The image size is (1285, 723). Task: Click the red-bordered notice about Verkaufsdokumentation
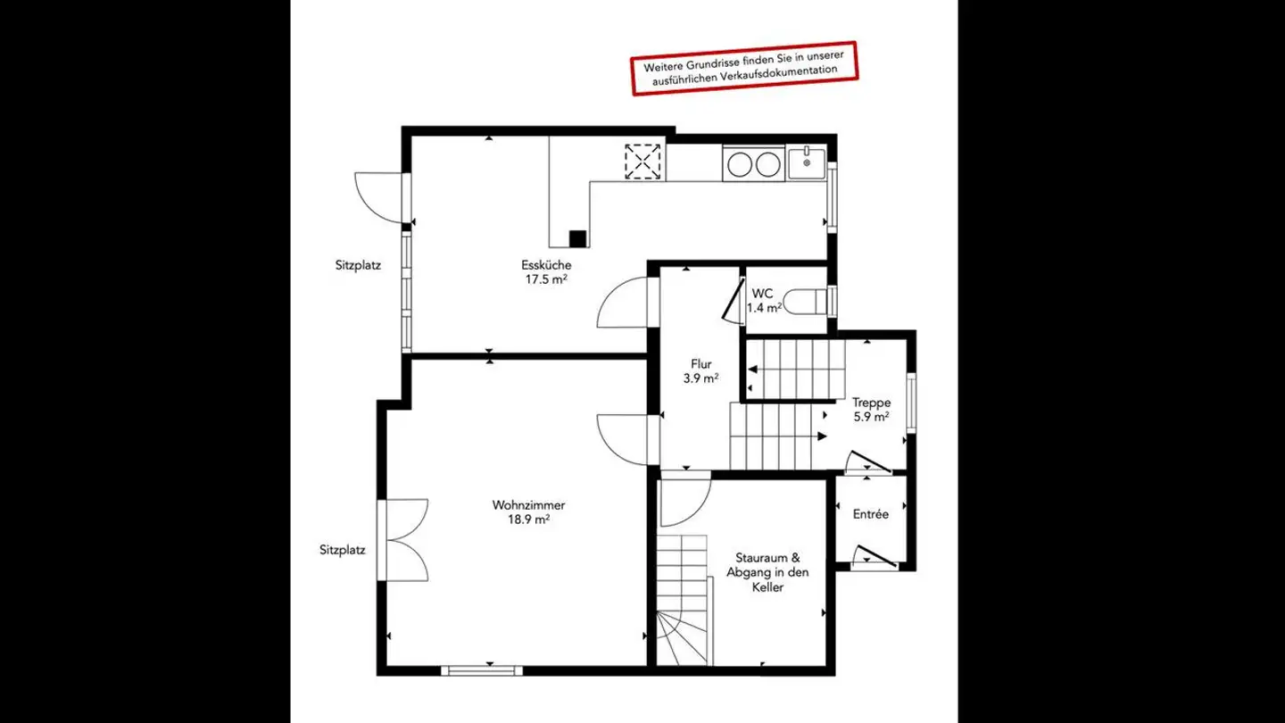click(x=743, y=67)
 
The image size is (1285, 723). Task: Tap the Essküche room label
click(x=546, y=265)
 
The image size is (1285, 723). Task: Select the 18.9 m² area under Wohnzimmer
click(x=529, y=519)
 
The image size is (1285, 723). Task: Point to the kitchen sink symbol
click(x=807, y=164)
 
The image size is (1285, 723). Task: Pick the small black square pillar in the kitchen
click(x=577, y=238)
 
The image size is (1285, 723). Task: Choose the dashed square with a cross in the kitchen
click(x=643, y=162)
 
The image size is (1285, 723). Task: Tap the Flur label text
click(x=701, y=364)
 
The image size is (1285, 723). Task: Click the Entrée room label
click(x=870, y=514)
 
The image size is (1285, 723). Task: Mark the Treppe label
click(x=870, y=403)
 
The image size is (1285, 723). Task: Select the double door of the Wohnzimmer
click(x=406, y=540)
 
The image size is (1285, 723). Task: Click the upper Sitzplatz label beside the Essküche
click(x=358, y=265)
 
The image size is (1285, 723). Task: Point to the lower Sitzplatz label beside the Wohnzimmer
click(x=343, y=550)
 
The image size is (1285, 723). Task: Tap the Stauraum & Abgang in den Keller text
click(x=767, y=572)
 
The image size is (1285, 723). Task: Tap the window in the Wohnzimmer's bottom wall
click(x=482, y=669)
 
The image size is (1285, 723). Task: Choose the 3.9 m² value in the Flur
click(x=701, y=378)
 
